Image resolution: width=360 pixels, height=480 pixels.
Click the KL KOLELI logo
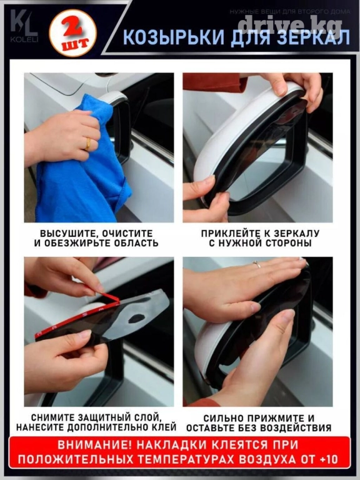[x=24, y=26]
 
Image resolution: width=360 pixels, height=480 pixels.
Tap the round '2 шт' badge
[x=73, y=33]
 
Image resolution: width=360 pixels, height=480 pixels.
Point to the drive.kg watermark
[x=290, y=24]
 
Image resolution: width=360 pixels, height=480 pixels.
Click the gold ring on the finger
[x=88, y=144]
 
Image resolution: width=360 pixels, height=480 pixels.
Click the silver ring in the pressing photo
[x=257, y=264]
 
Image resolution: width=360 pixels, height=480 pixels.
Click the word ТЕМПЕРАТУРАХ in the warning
[x=186, y=459]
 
